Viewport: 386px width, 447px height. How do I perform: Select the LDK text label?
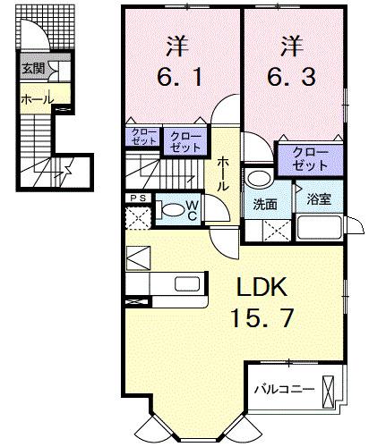tap(262, 287)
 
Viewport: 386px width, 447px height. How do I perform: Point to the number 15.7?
tap(262, 318)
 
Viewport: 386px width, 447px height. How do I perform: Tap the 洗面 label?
tap(264, 203)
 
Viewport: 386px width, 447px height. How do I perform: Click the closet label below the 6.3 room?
tap(308, 160)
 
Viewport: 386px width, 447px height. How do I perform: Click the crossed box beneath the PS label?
tap(137, 218)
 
